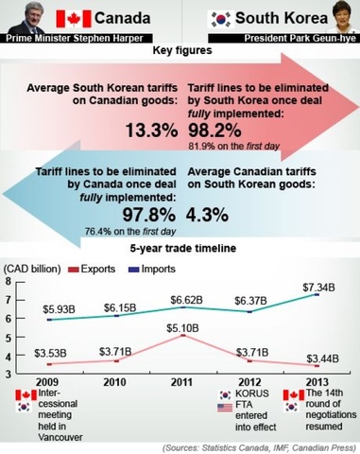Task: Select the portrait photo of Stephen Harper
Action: coord(24,18)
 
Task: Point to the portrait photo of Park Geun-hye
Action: coord(336,18)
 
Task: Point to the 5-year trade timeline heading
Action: coord(180,249)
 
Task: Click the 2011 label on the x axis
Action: coord(181,383)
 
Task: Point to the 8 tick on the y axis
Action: coord(9,282)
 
